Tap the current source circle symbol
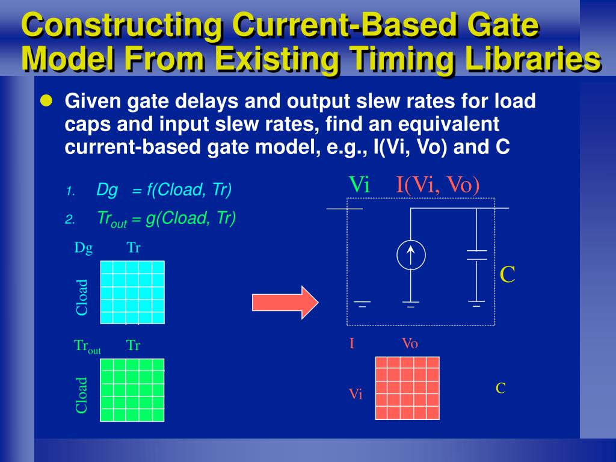point(411,255)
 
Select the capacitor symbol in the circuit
point(476,255)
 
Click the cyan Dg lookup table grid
point(132,292)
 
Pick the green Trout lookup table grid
point(132,390)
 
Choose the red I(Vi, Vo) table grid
point(407,388)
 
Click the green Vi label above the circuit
point(359,185)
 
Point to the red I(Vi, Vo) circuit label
point(438,185)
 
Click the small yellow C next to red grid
point(500,389)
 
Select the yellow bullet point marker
point(45,100)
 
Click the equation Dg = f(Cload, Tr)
point(164,190)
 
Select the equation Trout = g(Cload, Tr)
point(166,219)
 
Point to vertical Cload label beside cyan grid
point(82,297)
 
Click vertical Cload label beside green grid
point(82,395)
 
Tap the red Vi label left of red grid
point(356,395)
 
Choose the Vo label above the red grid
point(410,344)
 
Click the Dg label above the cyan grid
point(84,247)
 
